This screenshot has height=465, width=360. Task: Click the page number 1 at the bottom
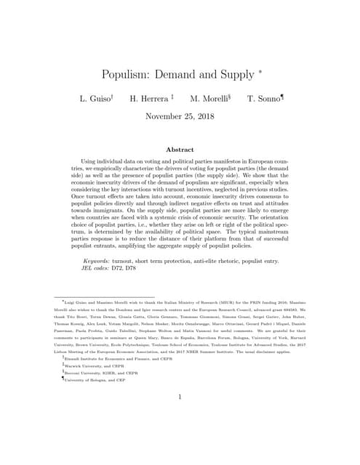point(180,397)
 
